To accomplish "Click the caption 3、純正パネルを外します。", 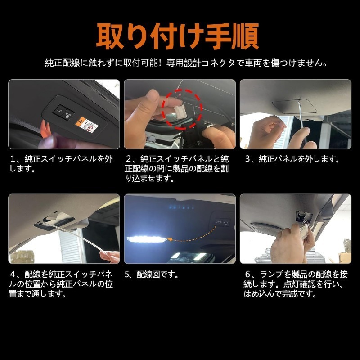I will (292, 159).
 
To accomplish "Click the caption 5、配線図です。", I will (152, 274).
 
